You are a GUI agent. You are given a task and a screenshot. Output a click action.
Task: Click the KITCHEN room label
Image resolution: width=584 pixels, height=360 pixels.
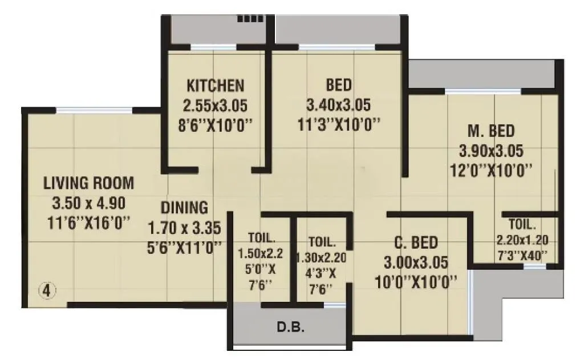point(216,86)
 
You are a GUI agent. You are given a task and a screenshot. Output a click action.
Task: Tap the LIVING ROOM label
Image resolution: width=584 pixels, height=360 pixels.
point(89,183)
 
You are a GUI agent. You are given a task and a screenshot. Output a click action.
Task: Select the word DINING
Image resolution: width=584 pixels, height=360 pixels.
point(184,207)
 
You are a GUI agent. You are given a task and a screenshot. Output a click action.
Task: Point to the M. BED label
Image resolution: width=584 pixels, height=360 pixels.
point(491,131)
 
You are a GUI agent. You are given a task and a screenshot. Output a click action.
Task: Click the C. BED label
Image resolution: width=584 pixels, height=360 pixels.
point(416,243)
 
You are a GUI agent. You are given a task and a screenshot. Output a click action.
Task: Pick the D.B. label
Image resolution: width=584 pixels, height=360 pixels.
point(290,328)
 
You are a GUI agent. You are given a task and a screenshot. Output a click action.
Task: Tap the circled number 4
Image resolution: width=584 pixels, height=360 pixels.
point(47,291)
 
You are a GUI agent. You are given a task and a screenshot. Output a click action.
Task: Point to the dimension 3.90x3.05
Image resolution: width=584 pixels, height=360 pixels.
point(491,151)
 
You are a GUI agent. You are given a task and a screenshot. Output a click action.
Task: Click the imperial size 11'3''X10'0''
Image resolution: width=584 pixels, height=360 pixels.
point(339,124)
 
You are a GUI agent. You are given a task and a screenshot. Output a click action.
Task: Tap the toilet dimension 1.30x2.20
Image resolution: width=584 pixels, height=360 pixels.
point(321,257)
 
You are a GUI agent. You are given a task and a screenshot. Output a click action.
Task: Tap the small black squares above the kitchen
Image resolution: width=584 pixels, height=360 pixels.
point(247,19)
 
